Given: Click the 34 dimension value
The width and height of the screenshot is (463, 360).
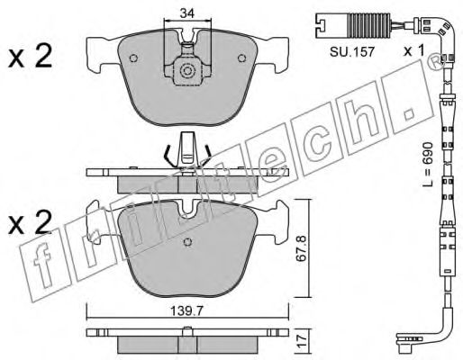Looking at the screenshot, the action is (x=187, y=13).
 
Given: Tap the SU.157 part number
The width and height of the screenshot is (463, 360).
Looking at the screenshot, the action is (x=352, y=52).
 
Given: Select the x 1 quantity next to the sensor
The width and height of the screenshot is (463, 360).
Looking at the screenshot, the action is (x=414, y=50).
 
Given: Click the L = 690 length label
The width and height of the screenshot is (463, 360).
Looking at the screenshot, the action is (x=428, y=164).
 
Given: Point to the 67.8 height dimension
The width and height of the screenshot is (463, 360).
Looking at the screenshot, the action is (x=302, y=249).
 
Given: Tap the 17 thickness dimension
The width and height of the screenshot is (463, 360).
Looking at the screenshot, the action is (x=302, y=341).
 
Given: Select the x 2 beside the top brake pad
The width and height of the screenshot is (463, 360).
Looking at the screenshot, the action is (x=30, y=57).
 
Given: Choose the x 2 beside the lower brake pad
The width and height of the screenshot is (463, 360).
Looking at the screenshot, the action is (x=30, y=222).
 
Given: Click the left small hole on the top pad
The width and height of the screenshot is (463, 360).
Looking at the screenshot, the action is (x=133, y=58).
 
